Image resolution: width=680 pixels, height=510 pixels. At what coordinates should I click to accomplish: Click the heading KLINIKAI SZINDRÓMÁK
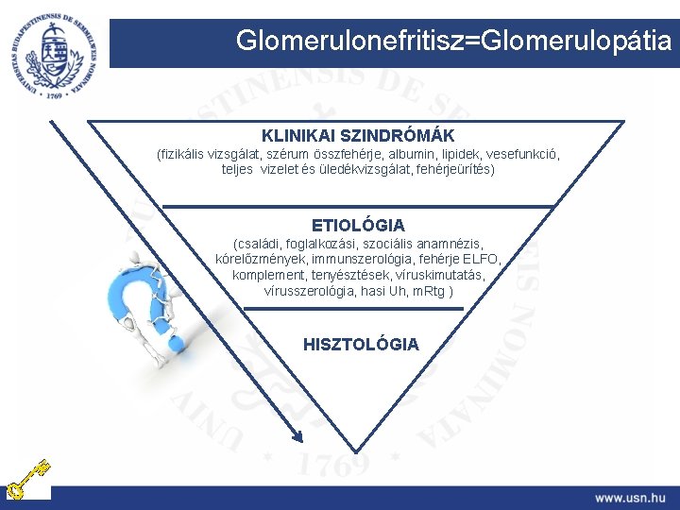click(x=358, y=136)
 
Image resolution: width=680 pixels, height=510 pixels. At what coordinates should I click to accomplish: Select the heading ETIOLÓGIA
click(x=358, y=225)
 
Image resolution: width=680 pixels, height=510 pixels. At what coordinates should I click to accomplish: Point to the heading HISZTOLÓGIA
click(x=361, y=345)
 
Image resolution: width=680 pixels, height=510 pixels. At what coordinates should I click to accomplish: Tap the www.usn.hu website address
click(x=630, y=497)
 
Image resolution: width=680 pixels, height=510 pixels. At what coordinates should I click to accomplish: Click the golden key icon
click(x=27, y=479)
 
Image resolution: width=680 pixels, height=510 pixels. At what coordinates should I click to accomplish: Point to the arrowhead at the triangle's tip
click(x=296, y=435)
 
